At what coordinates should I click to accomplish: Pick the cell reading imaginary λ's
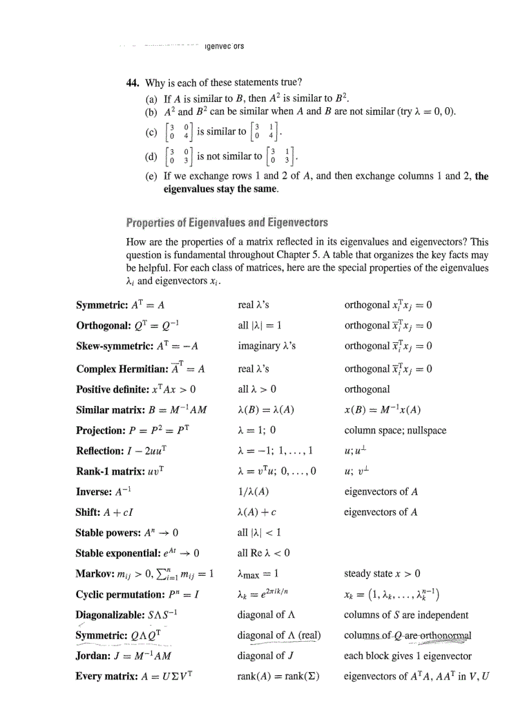click(x=267, y=346)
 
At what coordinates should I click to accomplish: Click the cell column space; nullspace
click(x=395, y=430)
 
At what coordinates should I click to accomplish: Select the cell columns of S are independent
click(x=406, y=615)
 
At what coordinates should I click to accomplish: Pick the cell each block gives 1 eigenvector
click(x=408, y=656)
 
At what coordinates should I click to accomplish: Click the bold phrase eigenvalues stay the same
click(x=220, y=189)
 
